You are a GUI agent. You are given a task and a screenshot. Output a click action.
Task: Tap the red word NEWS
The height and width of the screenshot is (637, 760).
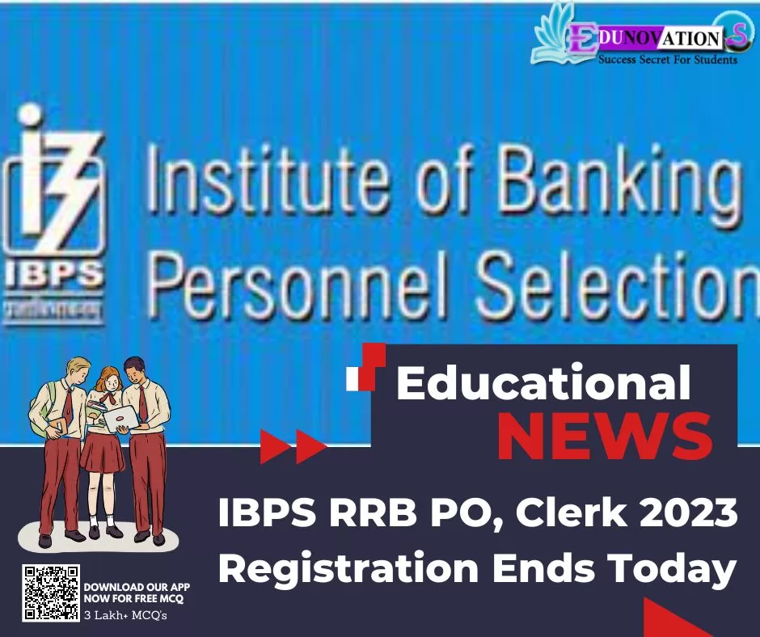pyautogui.click(x=605, y=437)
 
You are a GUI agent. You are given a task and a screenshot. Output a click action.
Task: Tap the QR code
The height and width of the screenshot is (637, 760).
pyautogui.click(x=51, y=593)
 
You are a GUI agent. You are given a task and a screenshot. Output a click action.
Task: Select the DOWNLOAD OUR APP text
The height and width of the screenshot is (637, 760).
pyautogui.click(x=137, y=587)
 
